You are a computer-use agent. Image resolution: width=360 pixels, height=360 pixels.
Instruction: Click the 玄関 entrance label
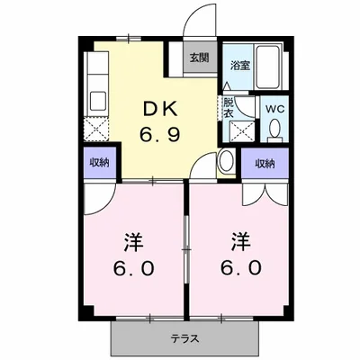click(x=199, y=57)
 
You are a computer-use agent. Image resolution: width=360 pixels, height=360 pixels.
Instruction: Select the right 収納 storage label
click(x=263, y=163)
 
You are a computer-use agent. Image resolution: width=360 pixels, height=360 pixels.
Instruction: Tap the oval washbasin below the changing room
click(x=227, y=162)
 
